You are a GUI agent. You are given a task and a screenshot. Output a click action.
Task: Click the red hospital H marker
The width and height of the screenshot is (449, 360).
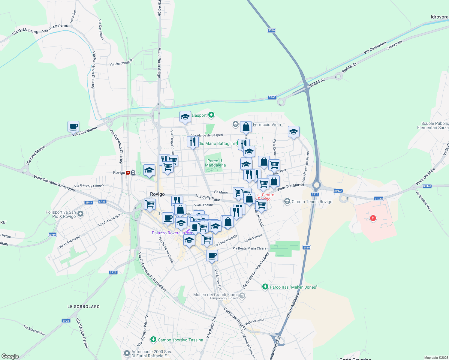point(373,218)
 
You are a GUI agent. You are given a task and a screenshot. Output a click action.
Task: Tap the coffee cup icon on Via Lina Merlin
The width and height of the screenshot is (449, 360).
point(73,126)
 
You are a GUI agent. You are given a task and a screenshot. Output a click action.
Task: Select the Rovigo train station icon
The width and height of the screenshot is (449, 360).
point(128,172)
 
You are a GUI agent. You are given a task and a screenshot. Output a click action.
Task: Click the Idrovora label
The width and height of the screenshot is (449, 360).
point(439,17)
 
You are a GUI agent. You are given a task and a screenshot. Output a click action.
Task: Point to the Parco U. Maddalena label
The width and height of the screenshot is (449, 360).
point(215,163)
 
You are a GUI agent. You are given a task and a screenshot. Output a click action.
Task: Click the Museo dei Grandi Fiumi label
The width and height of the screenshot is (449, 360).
point(215,295)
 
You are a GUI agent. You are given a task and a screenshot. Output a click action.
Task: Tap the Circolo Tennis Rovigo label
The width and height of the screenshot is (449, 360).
point(312,202)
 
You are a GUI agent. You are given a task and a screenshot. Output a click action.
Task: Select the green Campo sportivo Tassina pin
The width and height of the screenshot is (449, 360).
point(153,340)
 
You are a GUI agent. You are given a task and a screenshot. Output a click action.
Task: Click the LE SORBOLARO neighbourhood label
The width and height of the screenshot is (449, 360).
point(83,307)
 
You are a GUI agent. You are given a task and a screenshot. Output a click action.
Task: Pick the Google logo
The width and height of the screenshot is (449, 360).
point(10,356)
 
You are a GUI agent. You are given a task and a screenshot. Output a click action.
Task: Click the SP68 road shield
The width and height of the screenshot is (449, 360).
point(272,97)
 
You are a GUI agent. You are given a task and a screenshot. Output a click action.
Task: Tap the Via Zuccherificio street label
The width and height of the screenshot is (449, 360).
point(121,62)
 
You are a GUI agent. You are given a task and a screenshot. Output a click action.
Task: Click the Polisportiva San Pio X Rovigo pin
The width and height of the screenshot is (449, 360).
point(80,214)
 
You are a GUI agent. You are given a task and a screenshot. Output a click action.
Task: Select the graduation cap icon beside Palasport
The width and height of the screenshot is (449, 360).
point(185,117)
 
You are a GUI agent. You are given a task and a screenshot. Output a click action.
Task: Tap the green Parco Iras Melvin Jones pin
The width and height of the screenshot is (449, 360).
point(265,287)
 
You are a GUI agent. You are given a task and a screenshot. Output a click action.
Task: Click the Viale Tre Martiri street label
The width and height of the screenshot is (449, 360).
point(290,187)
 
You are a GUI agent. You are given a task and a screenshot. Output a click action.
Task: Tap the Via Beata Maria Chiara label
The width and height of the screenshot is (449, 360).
point(249,248)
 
